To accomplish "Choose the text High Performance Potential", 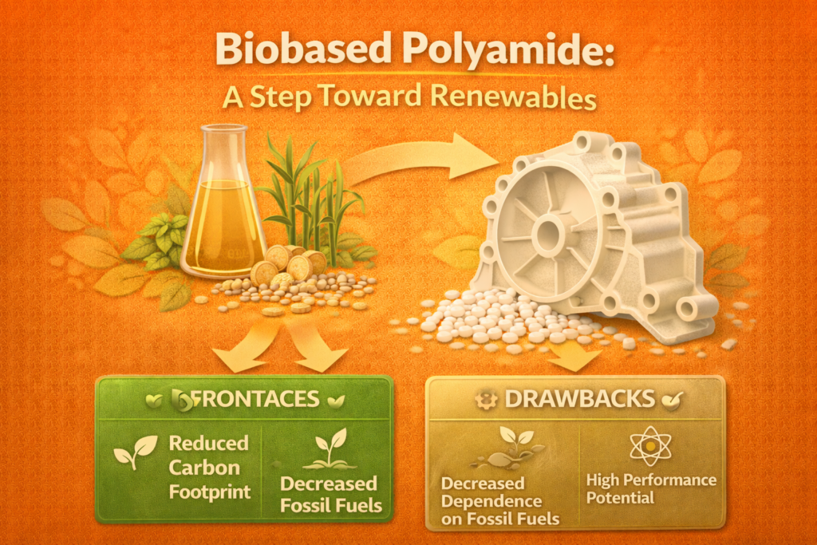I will [x=651, y=488].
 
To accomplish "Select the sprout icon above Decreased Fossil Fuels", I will [x=330, y=448].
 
